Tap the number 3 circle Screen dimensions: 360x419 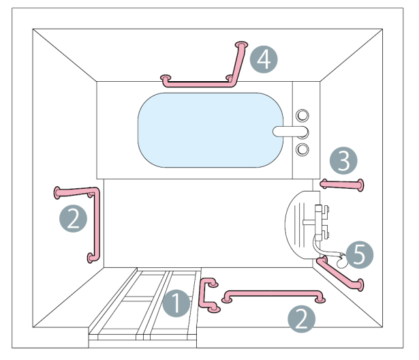coord(343,162)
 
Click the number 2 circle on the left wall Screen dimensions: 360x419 coord(73,219)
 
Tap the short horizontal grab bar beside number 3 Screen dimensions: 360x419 coord(342,183)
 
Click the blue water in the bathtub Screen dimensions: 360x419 coord(204,130)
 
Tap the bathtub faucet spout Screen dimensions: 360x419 coord(290,131)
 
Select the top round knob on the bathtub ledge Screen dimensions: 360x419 coord(303,115)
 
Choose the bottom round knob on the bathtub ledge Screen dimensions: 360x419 coord(303,148)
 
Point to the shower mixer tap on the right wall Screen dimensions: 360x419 coord(318,219)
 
